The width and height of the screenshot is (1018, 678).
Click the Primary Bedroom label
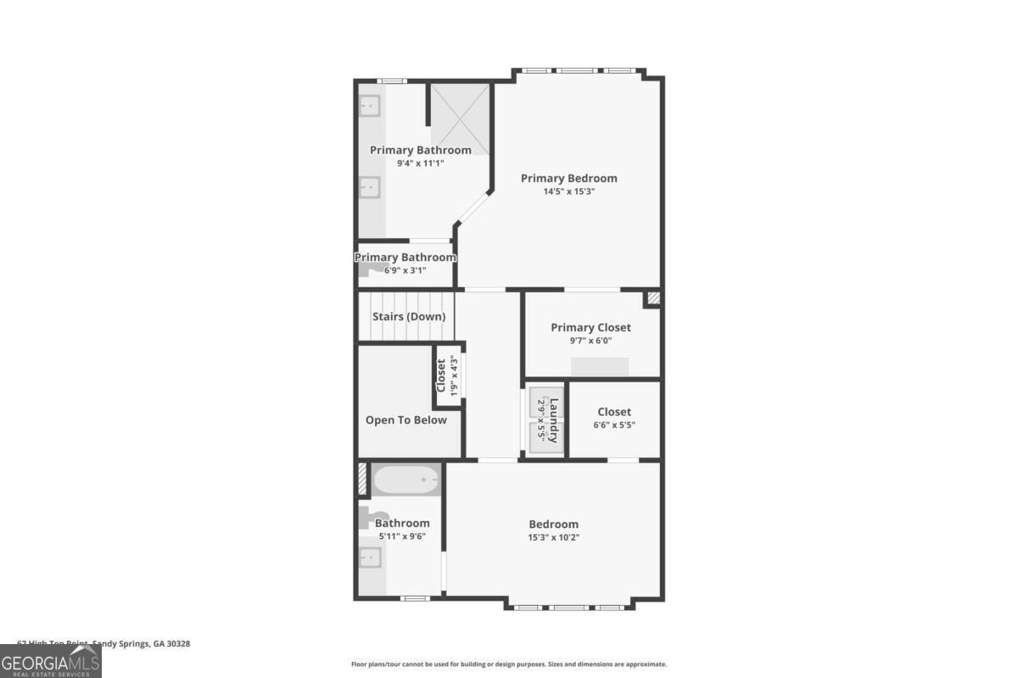point(568,178)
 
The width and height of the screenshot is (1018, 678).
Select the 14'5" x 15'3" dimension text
point(568,192)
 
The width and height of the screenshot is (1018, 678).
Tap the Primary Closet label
point(590,327)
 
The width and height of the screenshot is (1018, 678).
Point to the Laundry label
point(554,420)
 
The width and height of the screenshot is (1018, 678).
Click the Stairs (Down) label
point(409,317)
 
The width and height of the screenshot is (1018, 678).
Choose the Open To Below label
point(406,420)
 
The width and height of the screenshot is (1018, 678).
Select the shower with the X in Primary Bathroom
point(460,119)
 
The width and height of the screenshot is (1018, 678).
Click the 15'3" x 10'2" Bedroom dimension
point(553,537)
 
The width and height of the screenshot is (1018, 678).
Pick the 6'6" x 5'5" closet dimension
point(613,425)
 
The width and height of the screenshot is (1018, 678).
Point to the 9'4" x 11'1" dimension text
point(420,164)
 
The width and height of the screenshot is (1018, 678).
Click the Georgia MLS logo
point(50,661)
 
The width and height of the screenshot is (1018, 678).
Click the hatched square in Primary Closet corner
point(652,297)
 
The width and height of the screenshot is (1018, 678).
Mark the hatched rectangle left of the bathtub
point(362,480)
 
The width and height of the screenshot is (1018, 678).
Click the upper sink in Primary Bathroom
point(370,106)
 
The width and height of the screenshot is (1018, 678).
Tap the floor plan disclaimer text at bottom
point(509,664)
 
